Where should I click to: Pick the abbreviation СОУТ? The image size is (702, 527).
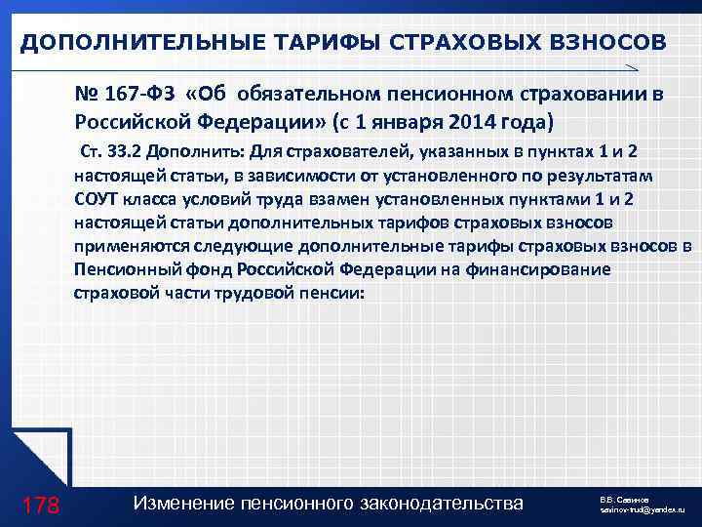point(95,199)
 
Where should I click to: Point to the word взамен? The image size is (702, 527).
point(296,199)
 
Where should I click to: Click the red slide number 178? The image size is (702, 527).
point(40,504)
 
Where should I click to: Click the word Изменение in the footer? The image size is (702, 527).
point(179,503)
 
